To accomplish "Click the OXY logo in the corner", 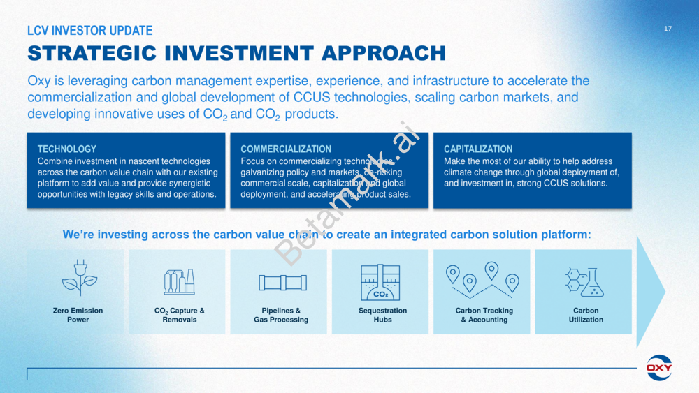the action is (x=659, y=368).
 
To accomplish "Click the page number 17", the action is (x=668, y=29).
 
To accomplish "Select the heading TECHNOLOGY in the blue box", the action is (x=67, y=149).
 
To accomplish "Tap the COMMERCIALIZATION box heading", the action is (x=286, y=149).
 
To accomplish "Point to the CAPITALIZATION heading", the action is (x=478, y=149).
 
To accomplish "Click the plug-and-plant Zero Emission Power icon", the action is (x=80, y=278).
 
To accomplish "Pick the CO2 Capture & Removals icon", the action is (x=179, y=282).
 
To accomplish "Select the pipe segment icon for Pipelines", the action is (x=282, y=283).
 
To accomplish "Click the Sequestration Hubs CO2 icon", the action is (x=380, y=282).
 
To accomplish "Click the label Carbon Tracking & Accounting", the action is (x=484, y=315).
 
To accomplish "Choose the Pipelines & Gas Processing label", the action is (x=281, y=315).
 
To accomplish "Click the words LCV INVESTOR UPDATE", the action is (x=90, y=30).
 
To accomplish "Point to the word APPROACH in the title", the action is (x=383, y=54).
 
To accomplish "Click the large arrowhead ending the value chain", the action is (x=650, y=292).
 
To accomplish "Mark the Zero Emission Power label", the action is (x=78, y=315).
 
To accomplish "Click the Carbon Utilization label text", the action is (x=586, y=315).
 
